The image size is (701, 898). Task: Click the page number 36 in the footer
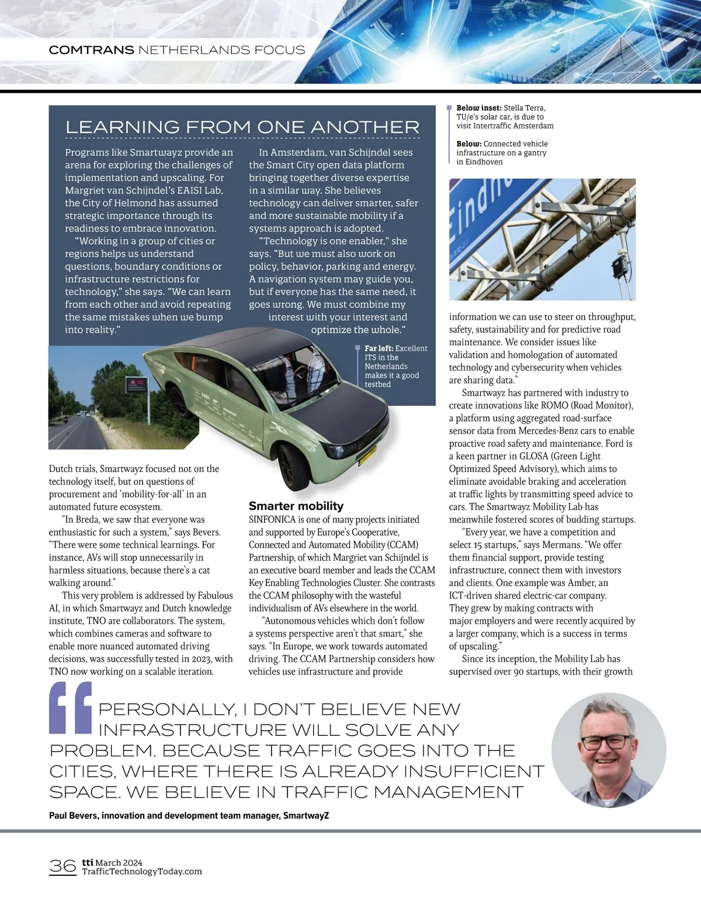pyautogui.click(x=63, y=866)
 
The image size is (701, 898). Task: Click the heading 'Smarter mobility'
pyautogui.click(x=296, y=506)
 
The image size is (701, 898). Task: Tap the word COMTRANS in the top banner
pyautogui.click(x=91, y=50)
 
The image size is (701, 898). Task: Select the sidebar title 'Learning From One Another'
pyautogui.click(x=242, y=127)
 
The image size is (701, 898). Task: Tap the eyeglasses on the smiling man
pyautogui.click(x=605, y=742)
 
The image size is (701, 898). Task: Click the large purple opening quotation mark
pyautogui.click(x=71, y=707)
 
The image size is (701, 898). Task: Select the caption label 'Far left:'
pyautogui.click(x=379, y=348)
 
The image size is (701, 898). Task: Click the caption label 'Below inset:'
pyautogui.click(x=478, y=108)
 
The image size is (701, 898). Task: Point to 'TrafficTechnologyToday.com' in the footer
pyautogui.click(x=142, y=871)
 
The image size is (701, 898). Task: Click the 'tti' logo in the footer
pyautogui.click(x=87, y=862)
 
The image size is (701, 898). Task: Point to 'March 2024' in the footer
pyautogui.click(x=119, y=863)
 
